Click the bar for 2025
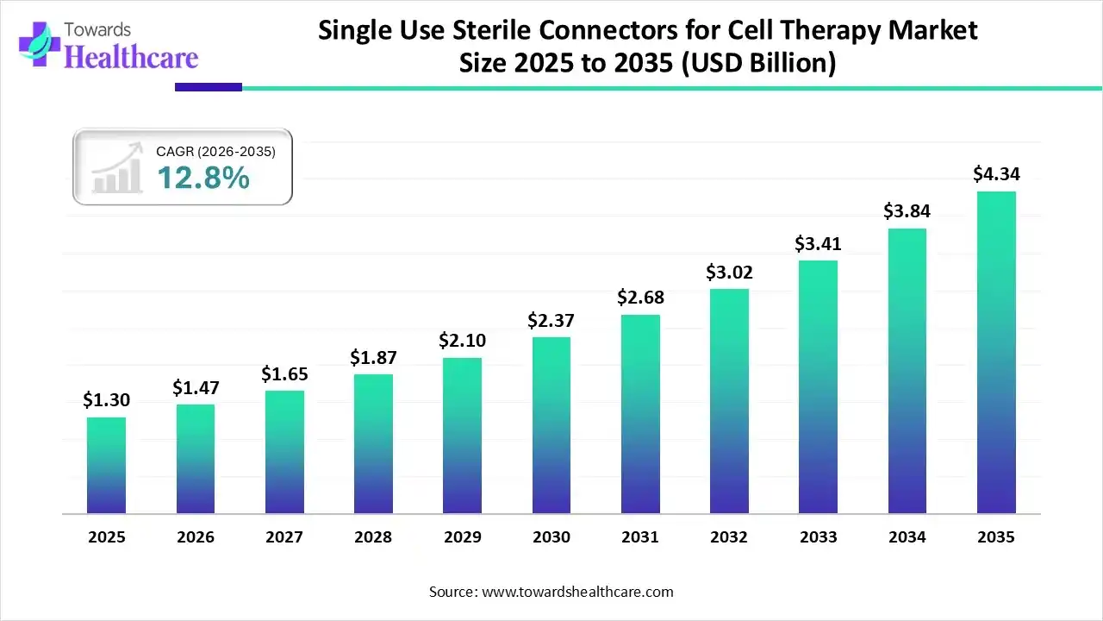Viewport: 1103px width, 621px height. tap(106, 466)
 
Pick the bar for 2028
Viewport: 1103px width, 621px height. tap(373, 444)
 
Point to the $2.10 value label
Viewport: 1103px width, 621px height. tap(462, 341)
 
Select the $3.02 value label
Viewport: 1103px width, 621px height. tap(729, 273)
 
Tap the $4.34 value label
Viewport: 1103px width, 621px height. tap(996, 174)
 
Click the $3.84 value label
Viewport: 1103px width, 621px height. tap(907, 211)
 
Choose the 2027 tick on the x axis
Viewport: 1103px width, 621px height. tap(284, 537)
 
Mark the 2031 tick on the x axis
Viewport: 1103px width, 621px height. tap(640, 537)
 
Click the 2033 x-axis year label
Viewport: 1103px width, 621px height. tap(818, 537)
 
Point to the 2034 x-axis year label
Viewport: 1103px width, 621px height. tap(907, 537)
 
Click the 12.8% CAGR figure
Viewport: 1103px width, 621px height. tap(203, 179)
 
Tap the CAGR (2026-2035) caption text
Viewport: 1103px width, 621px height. tap(215, 152)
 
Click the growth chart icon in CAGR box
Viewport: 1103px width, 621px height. tap(116, 170)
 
